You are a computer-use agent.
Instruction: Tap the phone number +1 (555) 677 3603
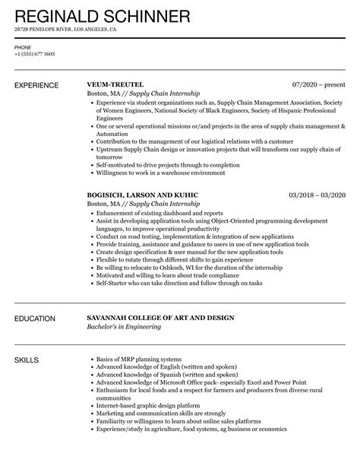(34, 54)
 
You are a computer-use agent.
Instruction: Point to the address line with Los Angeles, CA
(65, 30)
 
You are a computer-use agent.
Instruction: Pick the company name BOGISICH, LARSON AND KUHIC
(142, 195)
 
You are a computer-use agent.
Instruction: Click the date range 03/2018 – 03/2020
(317, 195)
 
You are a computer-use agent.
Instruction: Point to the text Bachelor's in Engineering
(125, 328)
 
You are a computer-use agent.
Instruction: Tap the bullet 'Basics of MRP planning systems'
(140, 359)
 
